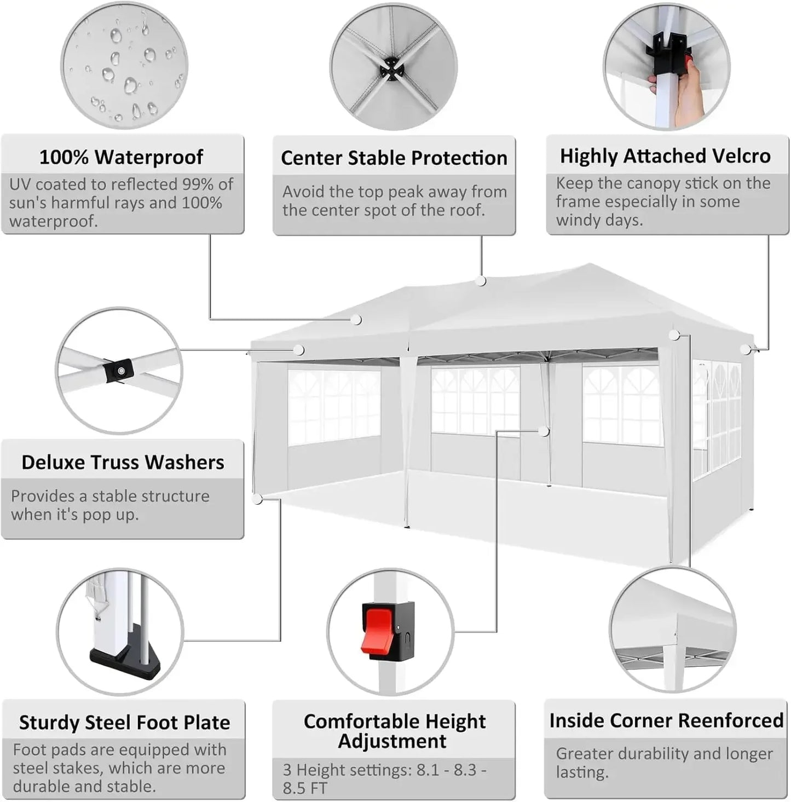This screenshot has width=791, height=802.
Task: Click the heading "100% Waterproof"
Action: click(121, 158)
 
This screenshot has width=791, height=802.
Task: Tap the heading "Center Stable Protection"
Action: click(394, 158)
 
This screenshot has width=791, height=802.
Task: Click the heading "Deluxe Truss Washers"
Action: click(123, 463)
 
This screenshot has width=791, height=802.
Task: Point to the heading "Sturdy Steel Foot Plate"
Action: click(124, 723)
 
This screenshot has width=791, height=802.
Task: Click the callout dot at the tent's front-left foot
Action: click(257, 499)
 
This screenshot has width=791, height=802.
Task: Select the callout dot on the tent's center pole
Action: click(544, 431)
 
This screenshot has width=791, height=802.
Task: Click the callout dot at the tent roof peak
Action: click(481, 281)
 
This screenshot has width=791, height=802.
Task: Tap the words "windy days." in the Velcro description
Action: click(599, 221)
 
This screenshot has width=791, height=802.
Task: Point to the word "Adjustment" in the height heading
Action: click(392, 741)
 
